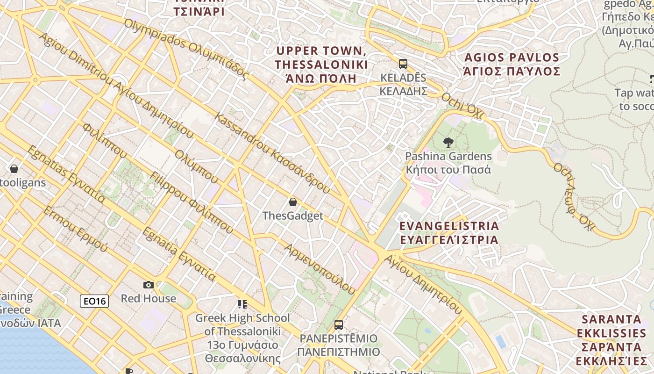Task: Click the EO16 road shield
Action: tap(94, 301)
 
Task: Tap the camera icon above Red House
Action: tap(149, 285)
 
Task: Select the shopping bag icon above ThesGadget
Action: tap(293, 202)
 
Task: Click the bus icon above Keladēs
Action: tap(403, 64)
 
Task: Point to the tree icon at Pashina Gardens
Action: tap(448, 142)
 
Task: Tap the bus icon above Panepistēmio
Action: tap(339, 324)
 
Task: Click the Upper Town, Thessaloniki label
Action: tap(321, 64)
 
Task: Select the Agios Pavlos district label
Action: tap(512, 65)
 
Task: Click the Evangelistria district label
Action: tap(449, 233)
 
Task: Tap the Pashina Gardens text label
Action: tap(448, 163)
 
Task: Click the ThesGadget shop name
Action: tap(292, 216)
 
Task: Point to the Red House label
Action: tap(149, 298)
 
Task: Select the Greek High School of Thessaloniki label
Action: tap(242, 338)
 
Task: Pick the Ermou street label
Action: tap(75, 229)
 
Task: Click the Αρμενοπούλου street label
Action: tap(320, 269)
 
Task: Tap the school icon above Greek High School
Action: tap(242, 304)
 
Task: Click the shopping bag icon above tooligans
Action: tap(14, 168)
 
